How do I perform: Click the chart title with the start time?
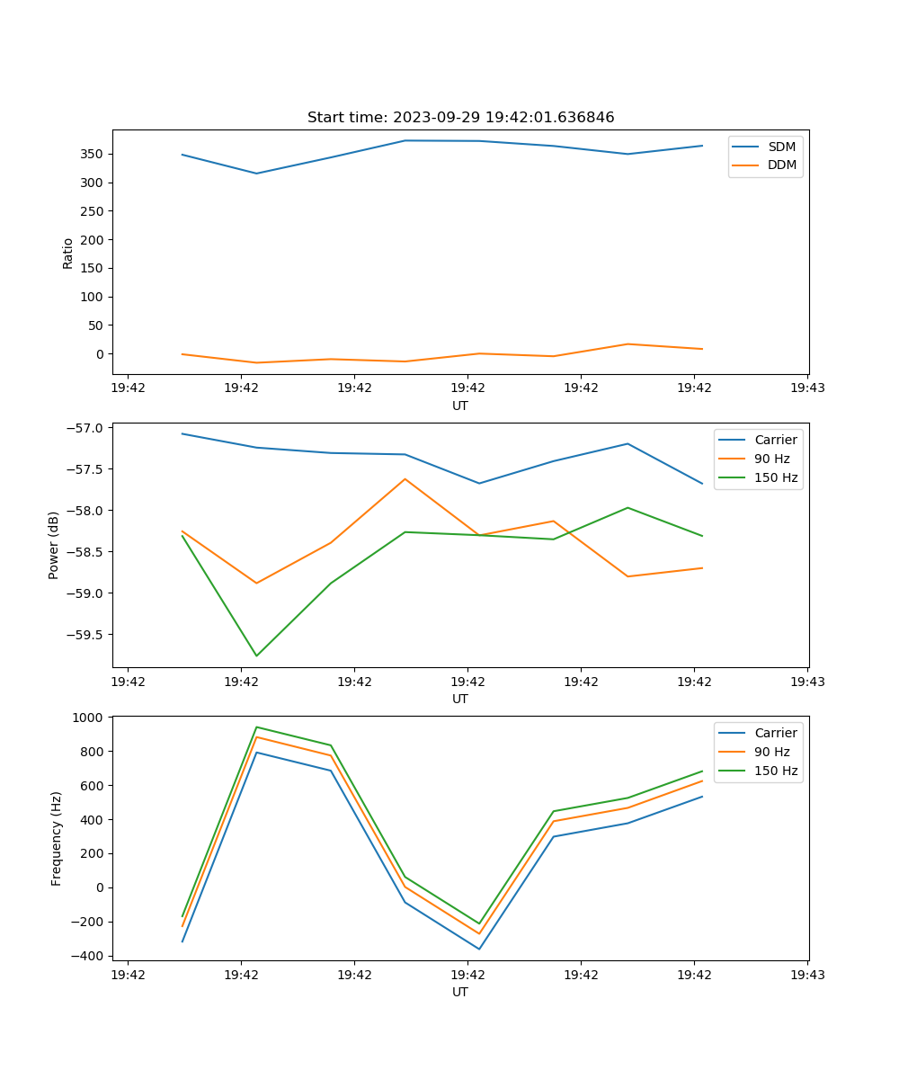point(460,118)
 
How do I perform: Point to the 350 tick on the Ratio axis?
point(93,154)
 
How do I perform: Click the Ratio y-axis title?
point(68,253)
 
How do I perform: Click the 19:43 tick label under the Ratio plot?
point(807,388)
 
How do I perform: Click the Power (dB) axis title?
point(54,545)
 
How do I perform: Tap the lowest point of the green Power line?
point(256,655)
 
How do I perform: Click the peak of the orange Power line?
point(405,479)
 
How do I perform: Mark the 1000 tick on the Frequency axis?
point(90,717)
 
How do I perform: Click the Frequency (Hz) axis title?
point(56,838)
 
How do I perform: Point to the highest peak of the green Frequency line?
point(256,727)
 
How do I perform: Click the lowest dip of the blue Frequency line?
point(479,949)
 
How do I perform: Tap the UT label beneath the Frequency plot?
point(460,992)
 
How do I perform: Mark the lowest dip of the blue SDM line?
point(256,174)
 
